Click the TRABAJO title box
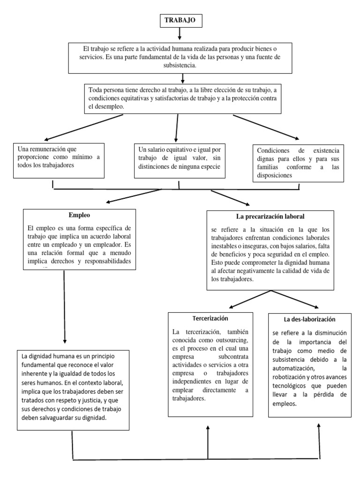pyautogui.click(x=180, y=21)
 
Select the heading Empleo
pyautogui.click(x=79, y=216)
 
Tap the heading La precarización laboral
pyautogui.click(x=270, y=217)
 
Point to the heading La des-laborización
pyautogui.click(x=310, y=319)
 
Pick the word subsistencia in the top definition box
pyautogui.click(x=180, y=66)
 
